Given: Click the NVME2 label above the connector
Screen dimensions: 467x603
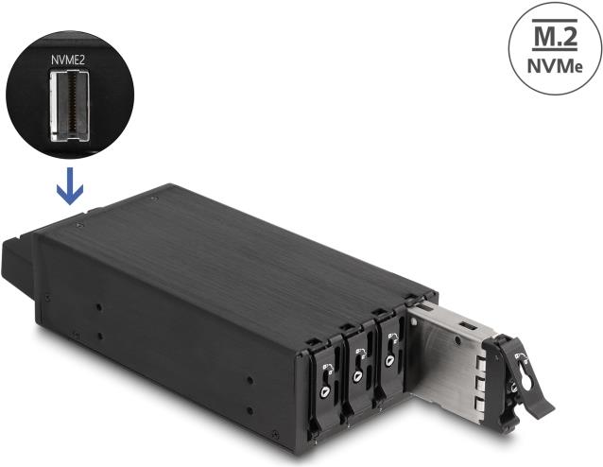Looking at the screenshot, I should [68, 59].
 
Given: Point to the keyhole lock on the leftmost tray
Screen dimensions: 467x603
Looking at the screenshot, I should [326, 389].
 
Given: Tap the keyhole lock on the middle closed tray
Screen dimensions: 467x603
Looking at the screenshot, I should [358, 376].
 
